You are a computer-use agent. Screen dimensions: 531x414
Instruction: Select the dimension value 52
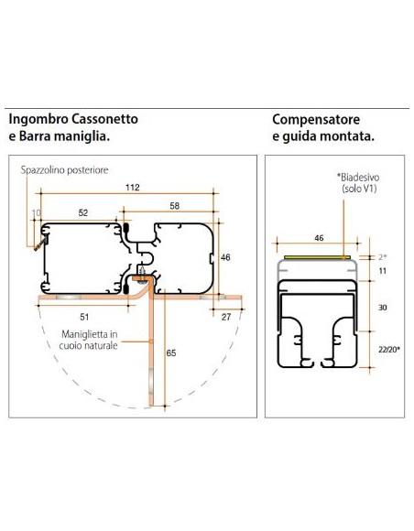pyautogui.click(x=83, y=212)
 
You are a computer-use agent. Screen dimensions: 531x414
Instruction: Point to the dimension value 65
pyautogui.click(x=172, y=351)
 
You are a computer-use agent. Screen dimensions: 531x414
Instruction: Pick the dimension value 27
pyautogui.click(x=226, y=318)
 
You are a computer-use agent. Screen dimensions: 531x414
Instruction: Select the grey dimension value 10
pyautogui.click(x=37, y=212)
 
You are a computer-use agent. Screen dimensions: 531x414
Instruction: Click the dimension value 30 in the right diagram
pyautogui.click(x=384, y=308)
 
